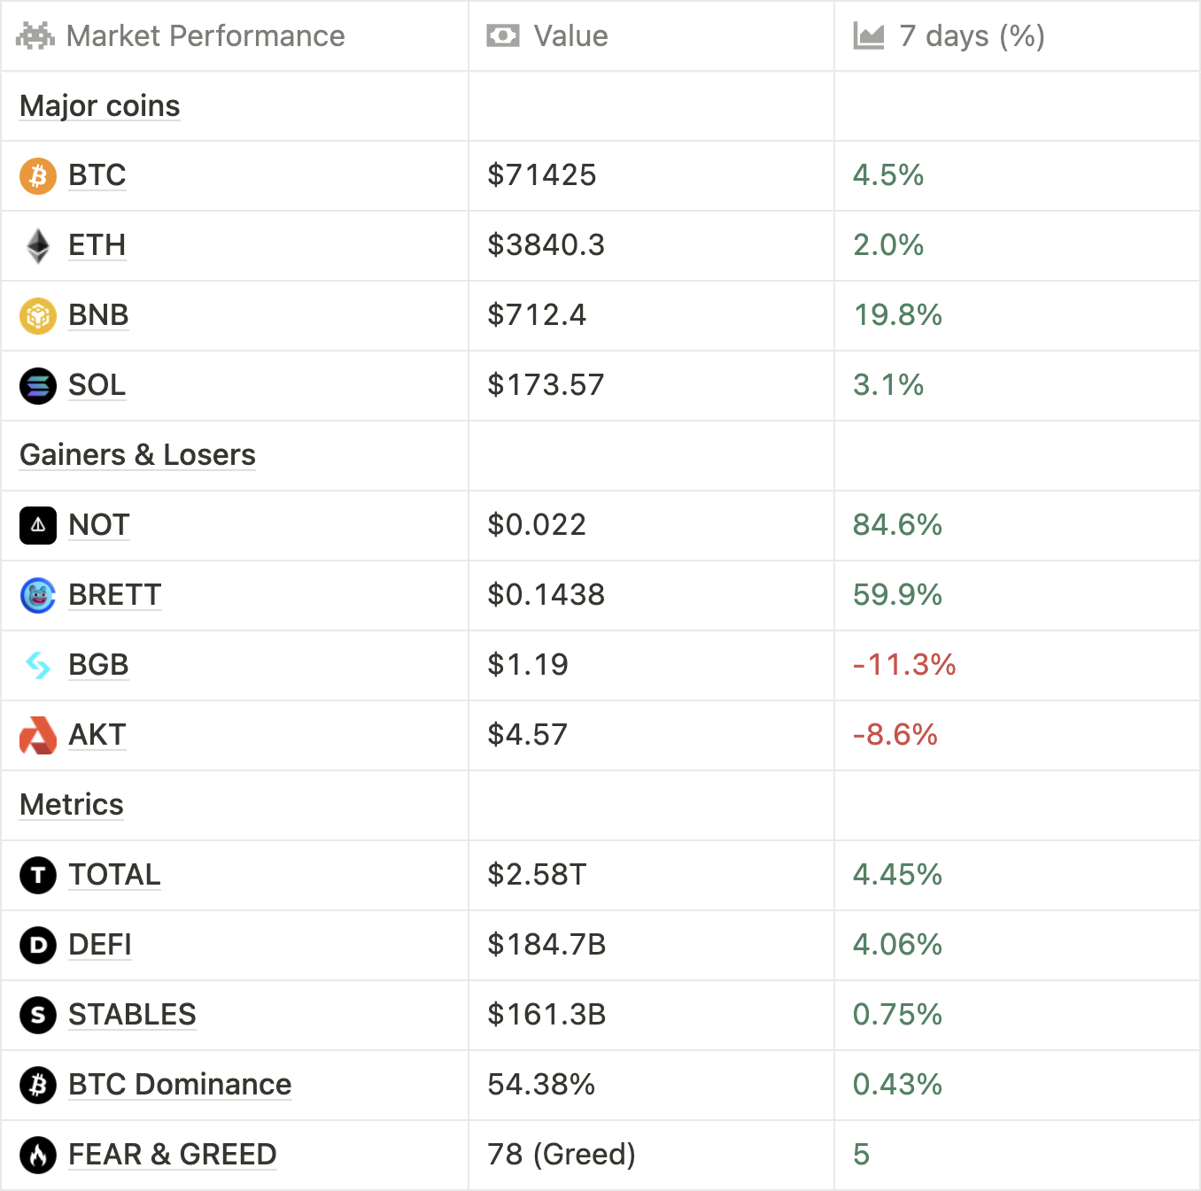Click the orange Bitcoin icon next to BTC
point(38,176)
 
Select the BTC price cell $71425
point(541,175)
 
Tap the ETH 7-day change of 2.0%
point(887,245)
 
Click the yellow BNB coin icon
point(38,316)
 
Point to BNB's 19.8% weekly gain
point(896,315)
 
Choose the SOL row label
point(97,385)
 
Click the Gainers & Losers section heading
point(137,455)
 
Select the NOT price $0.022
point(536,525)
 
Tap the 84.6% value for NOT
point(896,525)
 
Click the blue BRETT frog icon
point(38,596)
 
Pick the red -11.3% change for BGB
point(903,665)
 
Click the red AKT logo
point(38,736)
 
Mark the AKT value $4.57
point(527,735)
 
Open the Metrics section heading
point(72,805)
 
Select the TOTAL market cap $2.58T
point(536,875)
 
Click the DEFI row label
point(99,945)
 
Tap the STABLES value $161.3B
point(546,1015)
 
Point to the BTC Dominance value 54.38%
point(540,1085)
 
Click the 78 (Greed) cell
point(561,1155)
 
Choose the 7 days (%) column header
point(971,36)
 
